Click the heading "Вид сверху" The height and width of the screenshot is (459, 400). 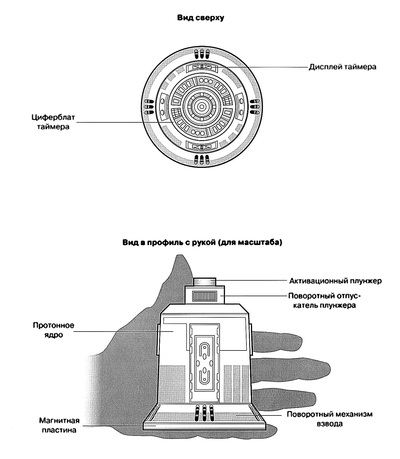(x=200, y=18)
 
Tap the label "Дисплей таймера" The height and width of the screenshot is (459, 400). (x=342, y=67)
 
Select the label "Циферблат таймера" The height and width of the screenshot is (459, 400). (x=53, y=122)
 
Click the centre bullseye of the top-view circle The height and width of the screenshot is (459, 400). (x=201, y=107)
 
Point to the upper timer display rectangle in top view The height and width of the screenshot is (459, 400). (x=202, y=67)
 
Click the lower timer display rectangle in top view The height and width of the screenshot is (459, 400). (x=202, y=146)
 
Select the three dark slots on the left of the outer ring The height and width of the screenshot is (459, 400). (x=149, y=107)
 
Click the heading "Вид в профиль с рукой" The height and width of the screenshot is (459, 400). (x=202, y=243)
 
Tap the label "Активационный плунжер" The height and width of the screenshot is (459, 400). (x=335, y=281)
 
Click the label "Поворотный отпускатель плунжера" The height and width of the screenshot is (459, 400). (x=324, y=300)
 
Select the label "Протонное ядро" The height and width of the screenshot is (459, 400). (x=53, y=330)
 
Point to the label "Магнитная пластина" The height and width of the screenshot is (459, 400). (x=59, y=425)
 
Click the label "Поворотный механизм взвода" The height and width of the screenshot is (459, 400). (x=329, y=419)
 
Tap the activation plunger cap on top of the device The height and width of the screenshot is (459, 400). (x=205, y=282)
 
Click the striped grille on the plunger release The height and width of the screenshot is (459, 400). (x=205, y=296)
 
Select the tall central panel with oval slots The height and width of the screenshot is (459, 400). (x=205, y=363)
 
